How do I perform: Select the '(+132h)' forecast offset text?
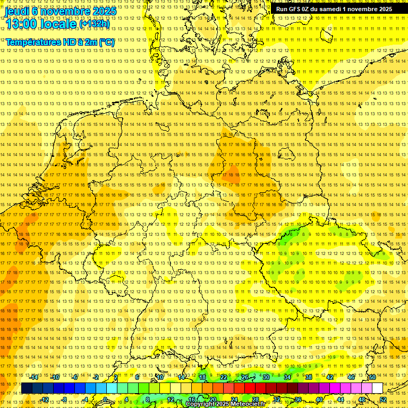pos(95,23)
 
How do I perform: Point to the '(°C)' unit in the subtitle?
pos(106,42)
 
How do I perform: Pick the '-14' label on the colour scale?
pos(34,377)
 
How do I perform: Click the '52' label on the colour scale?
pos(383,399)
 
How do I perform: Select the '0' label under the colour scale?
pos(105,399)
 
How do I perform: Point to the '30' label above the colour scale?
pos(266,377)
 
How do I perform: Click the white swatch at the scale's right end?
pos(378,388)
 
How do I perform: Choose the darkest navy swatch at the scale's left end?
pos(27,388)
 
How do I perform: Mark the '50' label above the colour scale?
pos(372,377)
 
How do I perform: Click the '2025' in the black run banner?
pos(382,9)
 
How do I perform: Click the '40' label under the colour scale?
pos(319,399)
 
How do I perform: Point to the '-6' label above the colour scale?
pos(75,377)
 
